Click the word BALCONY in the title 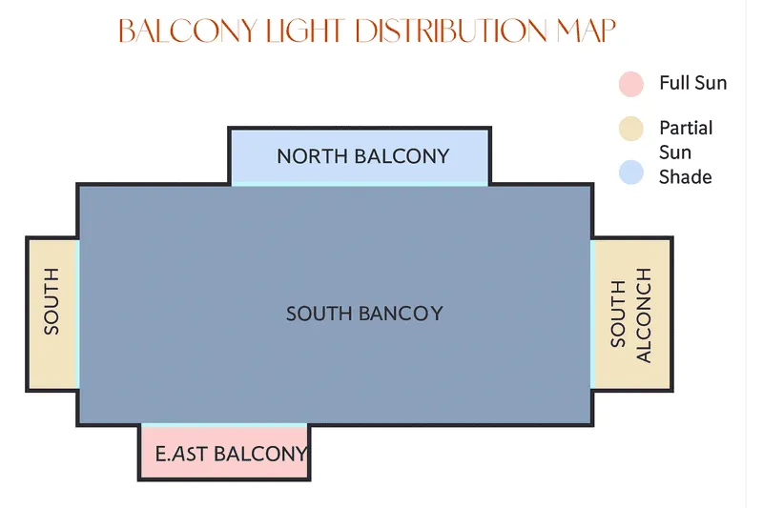click(x=188, y=31)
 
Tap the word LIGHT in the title click(x=305, y=31)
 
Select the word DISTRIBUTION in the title click(x=451, y=31)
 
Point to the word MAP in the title click(x=587, y=31)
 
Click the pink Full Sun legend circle click(x=631, y=84)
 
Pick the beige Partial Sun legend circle click(x=631, y=129)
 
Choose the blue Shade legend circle click(x=631, y=173)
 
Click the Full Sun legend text click(x=693, y=83)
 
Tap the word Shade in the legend click(x=685, y=177)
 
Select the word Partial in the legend click(x=686, y=129)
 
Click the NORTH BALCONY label click(x=363, y=156)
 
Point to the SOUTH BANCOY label click(x=364, y=314)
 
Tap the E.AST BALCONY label click(x=232, y=454)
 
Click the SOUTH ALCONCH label click(x=630, y=315)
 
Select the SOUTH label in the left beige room click(x=52, y=301)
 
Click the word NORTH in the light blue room click(x=313, y=156)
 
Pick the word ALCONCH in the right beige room click(x=643, y=315)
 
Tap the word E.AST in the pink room click(x=181, y=454)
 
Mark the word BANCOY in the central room click(x=402, y=314)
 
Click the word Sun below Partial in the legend click(x=675, y=152)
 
